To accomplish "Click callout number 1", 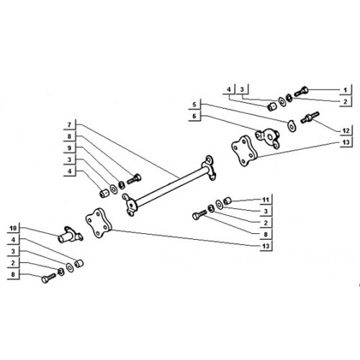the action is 345,91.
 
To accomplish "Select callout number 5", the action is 194,104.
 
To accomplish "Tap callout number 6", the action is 194,116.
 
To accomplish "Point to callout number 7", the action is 69,125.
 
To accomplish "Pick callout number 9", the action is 69,148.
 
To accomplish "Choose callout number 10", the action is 13,228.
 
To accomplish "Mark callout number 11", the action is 266,199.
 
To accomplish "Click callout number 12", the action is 346,131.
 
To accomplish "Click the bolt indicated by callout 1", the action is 301,91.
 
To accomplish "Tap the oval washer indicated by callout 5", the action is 292,126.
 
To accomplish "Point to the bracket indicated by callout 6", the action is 268,138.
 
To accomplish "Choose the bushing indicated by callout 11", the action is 228,201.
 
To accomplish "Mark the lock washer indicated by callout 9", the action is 122,185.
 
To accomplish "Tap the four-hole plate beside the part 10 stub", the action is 99,223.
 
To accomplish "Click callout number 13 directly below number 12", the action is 346,143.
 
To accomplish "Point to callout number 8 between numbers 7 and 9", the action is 69,137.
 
